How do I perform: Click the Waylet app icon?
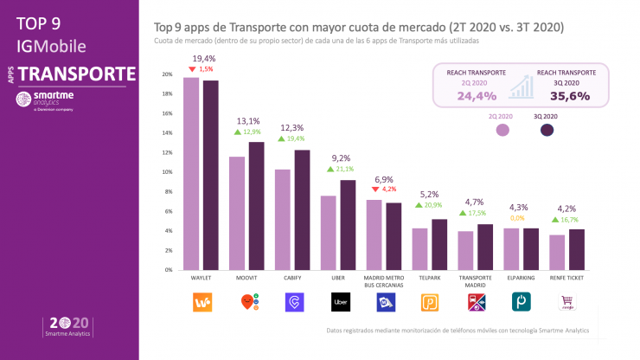(201, 302)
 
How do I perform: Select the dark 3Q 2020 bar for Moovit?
(256, 206)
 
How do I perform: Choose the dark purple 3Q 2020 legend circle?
(547, 131)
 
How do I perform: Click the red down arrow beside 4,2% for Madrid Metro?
(374, 189)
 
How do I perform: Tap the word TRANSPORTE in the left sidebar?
(77, 74)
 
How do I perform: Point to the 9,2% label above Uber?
(342, 157)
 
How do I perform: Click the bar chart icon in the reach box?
(521, 87)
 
